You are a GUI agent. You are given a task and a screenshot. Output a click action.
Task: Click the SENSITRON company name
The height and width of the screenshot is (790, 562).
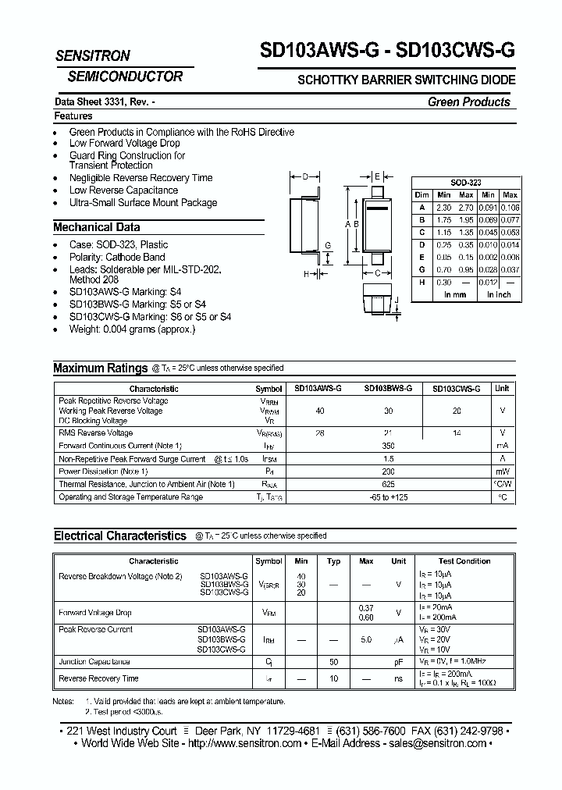(93, 56)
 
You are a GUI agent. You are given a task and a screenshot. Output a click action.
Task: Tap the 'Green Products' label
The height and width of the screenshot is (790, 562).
(468, 102)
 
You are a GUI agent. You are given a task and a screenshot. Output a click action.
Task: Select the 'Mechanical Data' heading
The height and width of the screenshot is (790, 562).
(97, 227)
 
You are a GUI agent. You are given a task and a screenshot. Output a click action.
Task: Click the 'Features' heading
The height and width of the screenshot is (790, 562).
(73, 116)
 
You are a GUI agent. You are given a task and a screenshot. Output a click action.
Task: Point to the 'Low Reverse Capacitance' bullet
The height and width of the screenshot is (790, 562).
(123, 190)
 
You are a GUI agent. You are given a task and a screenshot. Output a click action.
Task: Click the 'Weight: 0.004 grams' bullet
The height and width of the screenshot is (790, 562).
(132, 329)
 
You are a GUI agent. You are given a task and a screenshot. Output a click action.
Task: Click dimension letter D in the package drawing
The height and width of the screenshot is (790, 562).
(305, 176)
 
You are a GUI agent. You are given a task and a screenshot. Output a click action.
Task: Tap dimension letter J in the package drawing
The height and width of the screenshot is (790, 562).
(397, 301)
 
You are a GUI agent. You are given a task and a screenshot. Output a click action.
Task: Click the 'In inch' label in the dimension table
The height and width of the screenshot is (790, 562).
(499, 295)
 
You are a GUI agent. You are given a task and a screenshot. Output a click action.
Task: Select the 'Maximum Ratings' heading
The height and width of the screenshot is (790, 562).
(100, 368)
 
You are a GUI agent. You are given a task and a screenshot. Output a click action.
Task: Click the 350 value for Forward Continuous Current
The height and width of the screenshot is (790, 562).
(389, 446)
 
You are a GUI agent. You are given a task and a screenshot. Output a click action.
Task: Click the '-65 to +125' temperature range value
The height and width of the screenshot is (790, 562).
(389, 497)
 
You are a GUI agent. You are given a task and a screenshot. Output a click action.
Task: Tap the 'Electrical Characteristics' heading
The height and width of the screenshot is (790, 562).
(119, 536)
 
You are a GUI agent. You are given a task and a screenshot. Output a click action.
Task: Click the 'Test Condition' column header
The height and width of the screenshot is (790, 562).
(464, 561)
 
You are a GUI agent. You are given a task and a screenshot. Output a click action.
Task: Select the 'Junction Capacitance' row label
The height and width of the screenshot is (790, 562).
(94, 662)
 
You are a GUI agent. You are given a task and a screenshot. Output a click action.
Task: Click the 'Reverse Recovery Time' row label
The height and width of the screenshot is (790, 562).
(98, 679)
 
